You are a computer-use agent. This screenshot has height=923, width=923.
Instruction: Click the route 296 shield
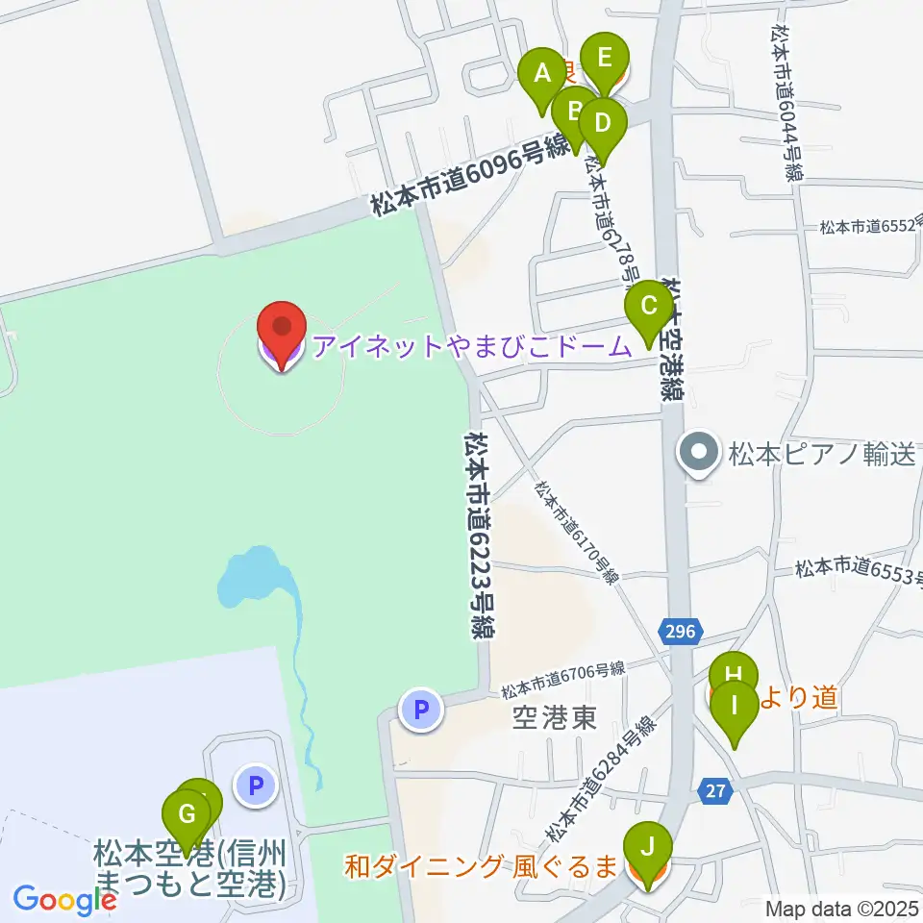point(682,632)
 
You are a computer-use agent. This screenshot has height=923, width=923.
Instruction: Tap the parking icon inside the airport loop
point(256,786)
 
